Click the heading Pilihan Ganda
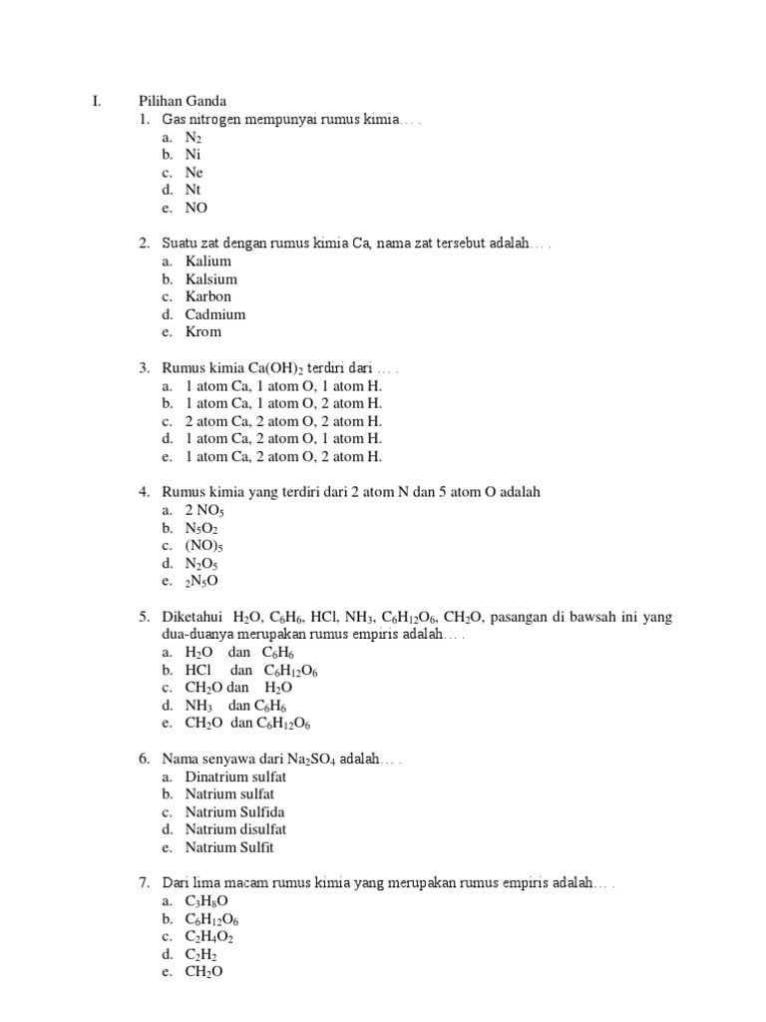coord(183,101)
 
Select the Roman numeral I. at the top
coord(97,101)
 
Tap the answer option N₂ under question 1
coord(193,138)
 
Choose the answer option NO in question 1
coord(196,209)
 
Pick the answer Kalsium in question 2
coord(211,279)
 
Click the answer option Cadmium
coord(215,314)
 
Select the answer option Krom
coord(203,332)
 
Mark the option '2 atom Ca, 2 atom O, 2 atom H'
coord(283,421)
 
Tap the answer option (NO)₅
coord(204,546)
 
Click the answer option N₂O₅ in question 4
coord(201,564)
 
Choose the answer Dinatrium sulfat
coord(236,777)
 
